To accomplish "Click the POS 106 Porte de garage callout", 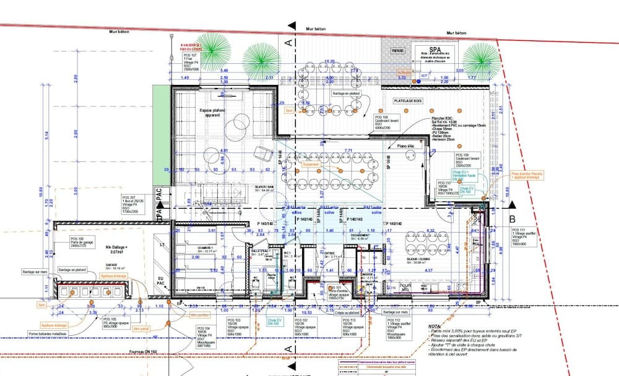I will (x=77, y=242).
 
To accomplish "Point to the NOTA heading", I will (x=435, y=326).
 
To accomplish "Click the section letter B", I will (x=512, y=218).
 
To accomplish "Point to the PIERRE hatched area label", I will (x=397, y=51).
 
